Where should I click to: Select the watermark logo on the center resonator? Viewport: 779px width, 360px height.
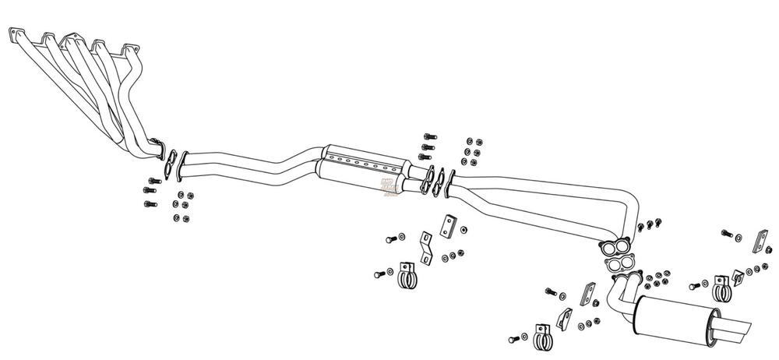coord(388,185)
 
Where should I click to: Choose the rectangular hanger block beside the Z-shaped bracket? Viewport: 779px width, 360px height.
coord(449,226)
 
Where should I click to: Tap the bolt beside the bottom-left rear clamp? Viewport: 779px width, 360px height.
coord(514,340)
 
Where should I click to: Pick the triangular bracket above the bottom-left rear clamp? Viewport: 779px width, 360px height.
coord(565,316)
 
